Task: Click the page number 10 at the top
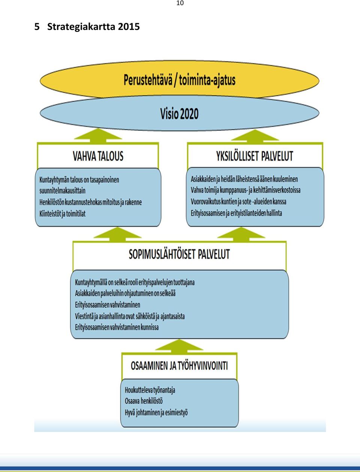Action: click(180, 3)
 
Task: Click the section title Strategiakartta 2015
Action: click(93, 27)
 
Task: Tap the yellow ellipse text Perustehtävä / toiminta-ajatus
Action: click(180, 80)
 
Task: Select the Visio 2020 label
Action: click(180, 114)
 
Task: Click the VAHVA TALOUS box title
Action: click(98, 156)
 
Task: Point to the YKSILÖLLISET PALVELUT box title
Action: click(255, 156)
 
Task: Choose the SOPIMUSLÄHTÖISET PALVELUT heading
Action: click(180, 254)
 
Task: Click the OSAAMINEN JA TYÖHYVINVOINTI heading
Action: click(179, 366)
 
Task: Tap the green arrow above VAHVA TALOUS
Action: click(98, 136)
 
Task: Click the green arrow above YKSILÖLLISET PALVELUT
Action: click(255, 136)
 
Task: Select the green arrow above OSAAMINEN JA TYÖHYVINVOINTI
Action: click(179, 346)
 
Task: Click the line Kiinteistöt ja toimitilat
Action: click(62, 214)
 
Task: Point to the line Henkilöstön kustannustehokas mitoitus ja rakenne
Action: click(90, 202)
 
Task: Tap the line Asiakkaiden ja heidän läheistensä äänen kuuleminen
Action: click(244, 179)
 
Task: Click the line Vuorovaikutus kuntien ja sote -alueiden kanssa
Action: click(238, 202)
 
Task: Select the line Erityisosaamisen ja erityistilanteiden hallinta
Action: click(236, 213)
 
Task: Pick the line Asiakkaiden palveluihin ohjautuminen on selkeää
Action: click(125, 293)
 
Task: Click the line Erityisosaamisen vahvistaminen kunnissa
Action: click(117, 327)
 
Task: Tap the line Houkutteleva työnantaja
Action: click(150, 390)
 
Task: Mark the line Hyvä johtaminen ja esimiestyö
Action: click(156, 413)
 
